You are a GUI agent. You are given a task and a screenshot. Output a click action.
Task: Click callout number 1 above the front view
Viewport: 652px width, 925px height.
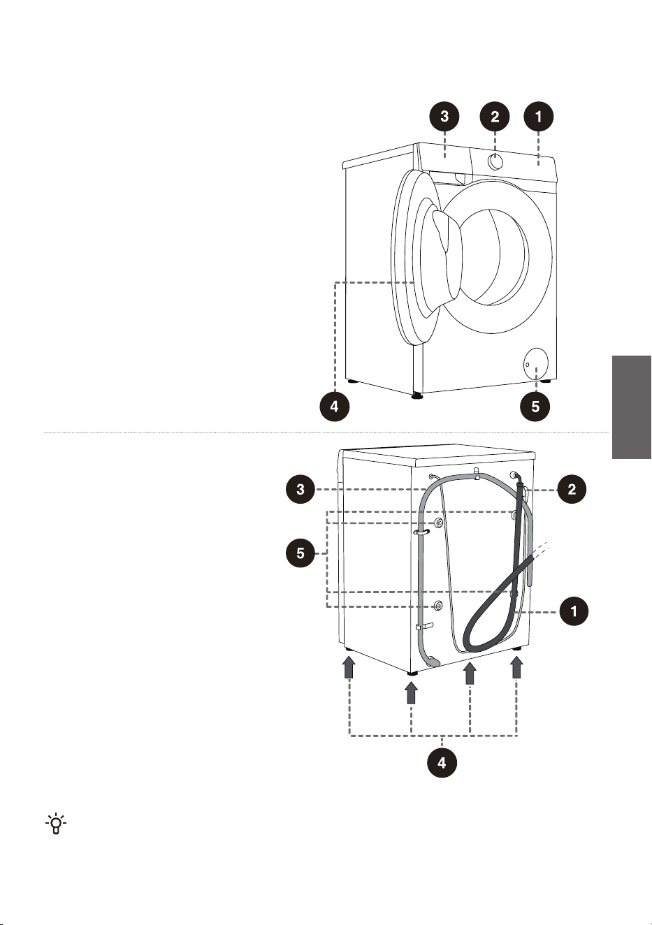click(538, 117)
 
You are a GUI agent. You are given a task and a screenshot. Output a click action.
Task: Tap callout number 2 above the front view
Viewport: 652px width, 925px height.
click(495, 117)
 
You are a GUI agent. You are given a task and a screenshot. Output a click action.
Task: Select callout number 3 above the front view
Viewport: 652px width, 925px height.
click(444, 117)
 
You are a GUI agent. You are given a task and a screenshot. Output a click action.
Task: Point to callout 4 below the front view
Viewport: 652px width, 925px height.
click(334, 407)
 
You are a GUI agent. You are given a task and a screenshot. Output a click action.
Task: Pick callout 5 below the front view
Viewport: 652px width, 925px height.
click(535, 407)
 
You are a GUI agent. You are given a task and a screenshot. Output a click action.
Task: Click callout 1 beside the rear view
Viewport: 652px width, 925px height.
click(574, 611)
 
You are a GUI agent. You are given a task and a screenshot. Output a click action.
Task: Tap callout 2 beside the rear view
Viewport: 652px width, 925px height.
click(572, 489)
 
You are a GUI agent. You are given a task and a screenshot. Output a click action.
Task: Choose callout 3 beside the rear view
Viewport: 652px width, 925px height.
click(300, 489)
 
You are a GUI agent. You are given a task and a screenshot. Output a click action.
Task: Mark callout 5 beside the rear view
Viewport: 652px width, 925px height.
click(300, 553)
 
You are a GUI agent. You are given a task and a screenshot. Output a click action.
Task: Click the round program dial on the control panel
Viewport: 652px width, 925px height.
click(494, 162)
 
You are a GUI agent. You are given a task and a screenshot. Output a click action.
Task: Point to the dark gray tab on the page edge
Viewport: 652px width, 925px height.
click(631, 407)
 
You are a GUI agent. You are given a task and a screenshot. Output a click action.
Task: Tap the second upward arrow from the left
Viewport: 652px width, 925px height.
click(411, 692)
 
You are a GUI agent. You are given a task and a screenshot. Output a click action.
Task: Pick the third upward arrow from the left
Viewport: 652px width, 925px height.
click(470, 673)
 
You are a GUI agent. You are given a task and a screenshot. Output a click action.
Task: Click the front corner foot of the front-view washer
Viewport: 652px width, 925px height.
click(417, 396)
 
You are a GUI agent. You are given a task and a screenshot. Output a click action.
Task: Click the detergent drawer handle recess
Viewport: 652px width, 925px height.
click(459, 178)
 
